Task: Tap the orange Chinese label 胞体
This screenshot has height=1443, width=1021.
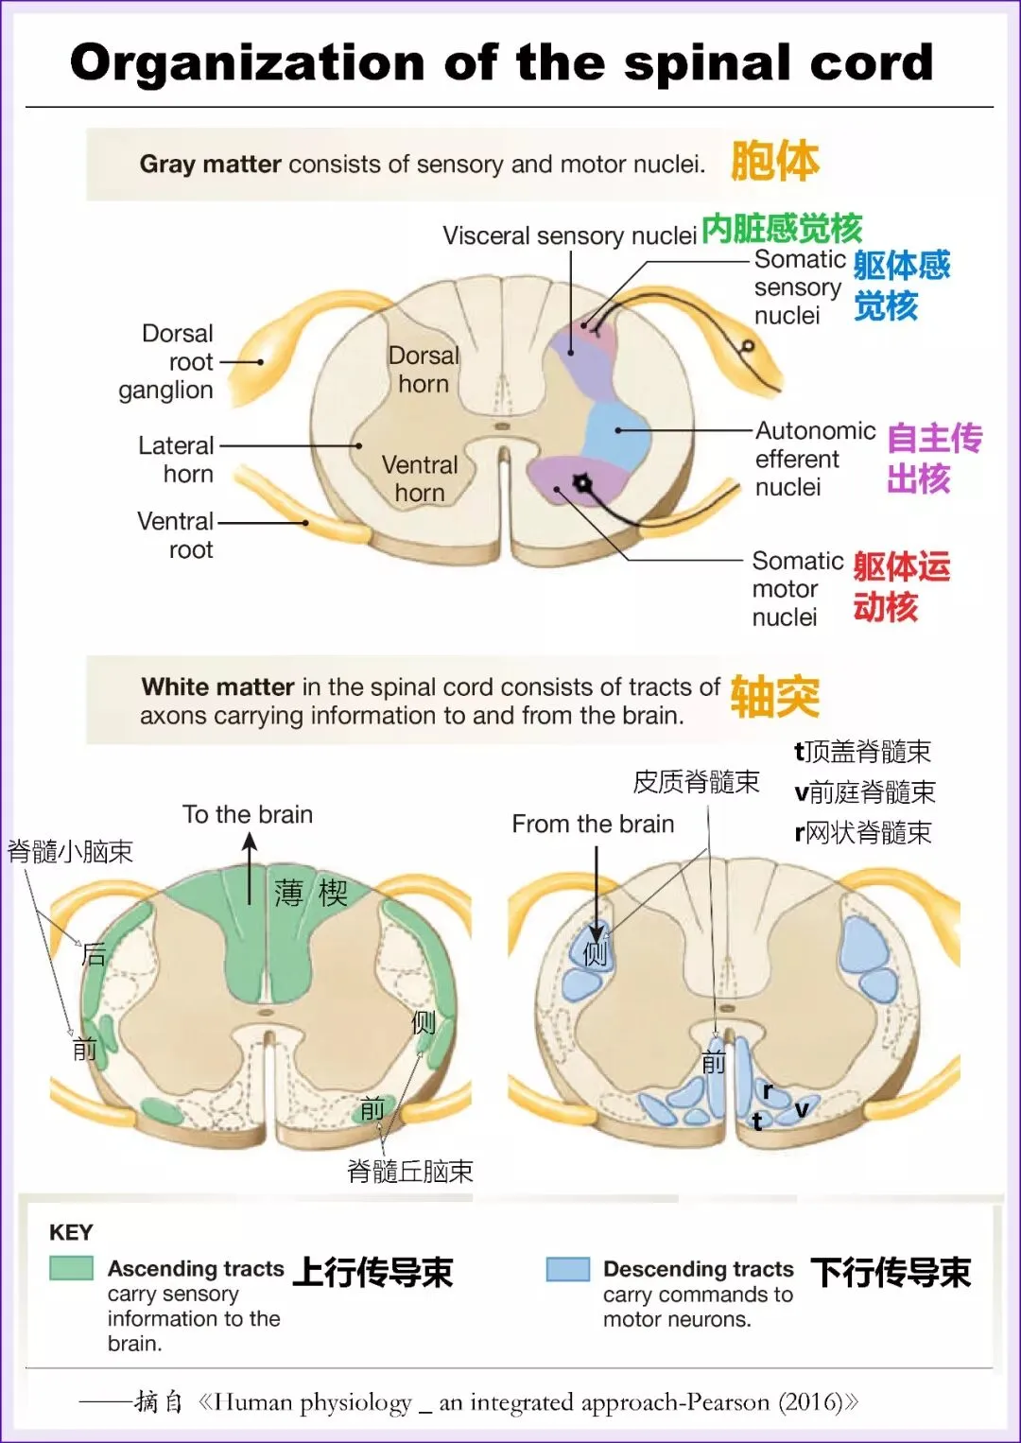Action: pyautogui.click(x=774, y=161)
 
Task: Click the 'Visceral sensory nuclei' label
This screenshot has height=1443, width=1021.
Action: pyautogui.click(x=569, y=235)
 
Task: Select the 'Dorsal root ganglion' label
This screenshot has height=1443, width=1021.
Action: pyautogui.click(x=166, y=361)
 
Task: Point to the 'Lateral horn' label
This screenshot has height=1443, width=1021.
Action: pyautogui.click(x=177, y=460)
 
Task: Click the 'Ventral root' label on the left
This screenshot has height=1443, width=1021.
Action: pyautogui.click(x=176, y=535)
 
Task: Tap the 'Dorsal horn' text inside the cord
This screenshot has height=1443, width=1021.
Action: pyautogui.click(x=424, y=370)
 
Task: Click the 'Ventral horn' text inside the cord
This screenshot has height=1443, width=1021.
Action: pyautogui.click(x=420, y=478)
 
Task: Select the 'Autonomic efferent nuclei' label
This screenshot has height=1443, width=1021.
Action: pyautogui.click(x=814, y=459)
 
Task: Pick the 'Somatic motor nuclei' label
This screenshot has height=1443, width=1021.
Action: pyautogui.click(x=797, y=588)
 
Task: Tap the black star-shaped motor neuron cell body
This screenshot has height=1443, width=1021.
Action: pyautogui.click(x=582, y=484)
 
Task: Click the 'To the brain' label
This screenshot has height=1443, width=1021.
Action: pyautogui.click(x=248, y=814)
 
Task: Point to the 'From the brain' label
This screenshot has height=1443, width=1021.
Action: pyautogui.click(x=593, y=824)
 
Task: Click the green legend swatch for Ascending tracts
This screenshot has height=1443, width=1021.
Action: pyautogui.click(x=72, y=1268)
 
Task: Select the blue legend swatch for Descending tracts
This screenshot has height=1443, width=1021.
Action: pyautogui.click(x=568, y=1268)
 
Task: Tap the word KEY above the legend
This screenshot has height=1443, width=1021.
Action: pyautogui.click(x=71, y=1232)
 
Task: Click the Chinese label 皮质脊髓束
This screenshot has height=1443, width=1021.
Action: pyautogui.click(x=696, y=781)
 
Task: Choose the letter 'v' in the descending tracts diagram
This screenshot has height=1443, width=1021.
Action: pyautogui.click(x=802, y=1108)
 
